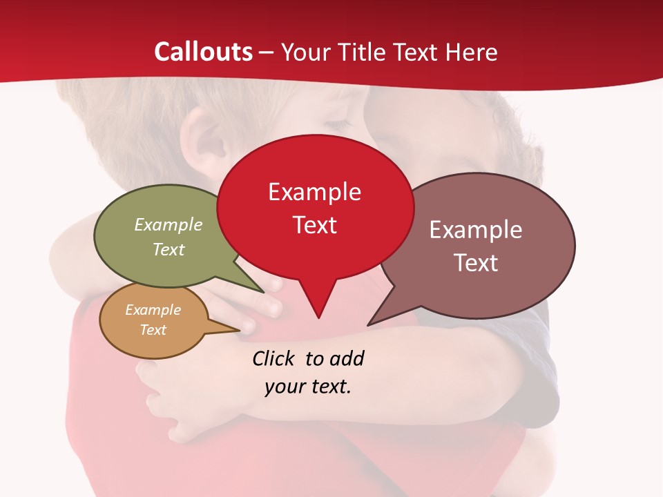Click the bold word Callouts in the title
[204, 52]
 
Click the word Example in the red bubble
[314, 192]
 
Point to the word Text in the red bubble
[314, 225]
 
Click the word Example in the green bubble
[169, 224]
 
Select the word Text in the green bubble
[169, 249]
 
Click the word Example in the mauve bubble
[476, 230]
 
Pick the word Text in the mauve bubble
[476, 263]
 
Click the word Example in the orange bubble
[153, 310]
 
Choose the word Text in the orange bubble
[153, 330]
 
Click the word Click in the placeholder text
[274, 358]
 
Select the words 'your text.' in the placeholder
[308, 387]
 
